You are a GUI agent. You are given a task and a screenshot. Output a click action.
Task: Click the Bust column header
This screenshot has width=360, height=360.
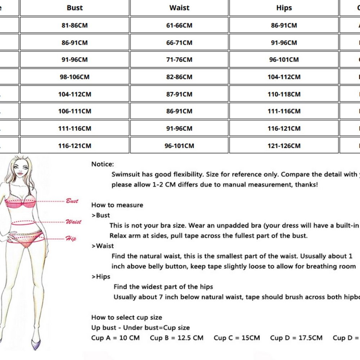click(75, 8)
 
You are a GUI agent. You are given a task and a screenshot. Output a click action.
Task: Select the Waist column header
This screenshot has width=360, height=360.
click(179, 8)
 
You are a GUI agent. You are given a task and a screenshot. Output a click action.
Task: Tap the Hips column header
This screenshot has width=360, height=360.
click(284, 8)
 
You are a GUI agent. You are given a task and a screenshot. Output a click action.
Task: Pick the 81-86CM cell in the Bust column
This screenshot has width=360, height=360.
click(75, 25)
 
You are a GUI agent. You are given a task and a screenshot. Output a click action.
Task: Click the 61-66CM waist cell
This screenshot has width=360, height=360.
click(179, 25)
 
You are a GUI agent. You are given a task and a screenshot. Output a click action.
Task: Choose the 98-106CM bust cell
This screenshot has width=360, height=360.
click(75, 77)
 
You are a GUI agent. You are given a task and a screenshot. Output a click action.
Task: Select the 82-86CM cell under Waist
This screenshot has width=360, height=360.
click(179, 77)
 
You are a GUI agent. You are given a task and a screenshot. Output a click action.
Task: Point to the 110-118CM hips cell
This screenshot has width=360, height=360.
click(284, 94)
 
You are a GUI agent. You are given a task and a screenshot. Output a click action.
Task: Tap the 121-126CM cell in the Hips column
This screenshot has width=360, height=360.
click(284, 146)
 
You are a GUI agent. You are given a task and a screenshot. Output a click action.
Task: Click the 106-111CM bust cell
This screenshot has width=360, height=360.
click(75, 111)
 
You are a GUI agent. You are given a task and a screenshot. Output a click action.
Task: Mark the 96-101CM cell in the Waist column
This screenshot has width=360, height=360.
click(179, 146)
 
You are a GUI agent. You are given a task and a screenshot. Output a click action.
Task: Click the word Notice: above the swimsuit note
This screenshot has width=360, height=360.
click(103, 164)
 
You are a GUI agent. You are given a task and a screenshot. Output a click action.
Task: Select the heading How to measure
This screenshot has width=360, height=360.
click(117, 205)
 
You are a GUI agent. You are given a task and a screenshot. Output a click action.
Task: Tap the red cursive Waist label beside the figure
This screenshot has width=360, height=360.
click(73, 222)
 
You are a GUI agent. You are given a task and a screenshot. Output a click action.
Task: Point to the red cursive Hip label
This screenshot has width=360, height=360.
click(71, 238)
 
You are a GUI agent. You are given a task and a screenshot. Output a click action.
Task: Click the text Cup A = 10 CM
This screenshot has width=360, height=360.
click(115, 338)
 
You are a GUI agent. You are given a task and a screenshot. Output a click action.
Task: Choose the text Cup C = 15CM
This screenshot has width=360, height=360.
click(237, 338)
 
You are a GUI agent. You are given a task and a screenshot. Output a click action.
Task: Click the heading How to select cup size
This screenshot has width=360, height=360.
click(127, 318)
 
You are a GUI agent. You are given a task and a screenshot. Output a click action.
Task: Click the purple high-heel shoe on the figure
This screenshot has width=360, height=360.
click(36, 344)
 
